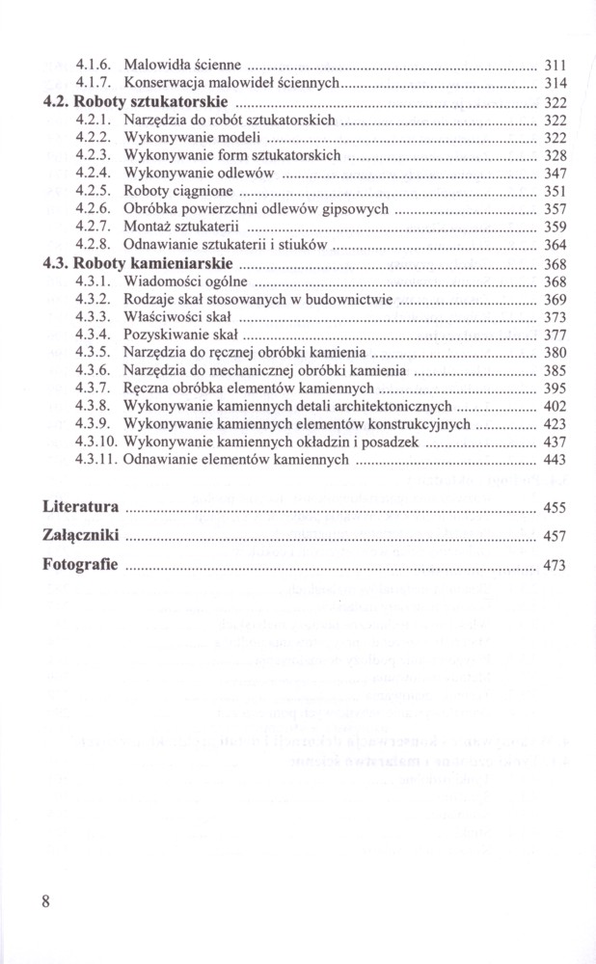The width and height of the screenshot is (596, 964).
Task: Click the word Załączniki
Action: click(x=83, y=535)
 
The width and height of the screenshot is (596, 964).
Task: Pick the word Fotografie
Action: click(x=81, y=564)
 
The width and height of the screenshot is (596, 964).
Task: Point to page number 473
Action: click(x=555, y=566)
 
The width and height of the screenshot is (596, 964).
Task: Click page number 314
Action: click(x=555, y=84)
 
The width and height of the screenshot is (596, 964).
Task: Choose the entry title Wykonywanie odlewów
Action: click(x=200, y=173)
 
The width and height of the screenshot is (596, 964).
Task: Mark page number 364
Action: click(x=555, y=246)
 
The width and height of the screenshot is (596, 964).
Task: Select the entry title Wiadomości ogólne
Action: click(x=186, y=281)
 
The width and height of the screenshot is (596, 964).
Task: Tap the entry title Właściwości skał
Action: click(x=177, y=317)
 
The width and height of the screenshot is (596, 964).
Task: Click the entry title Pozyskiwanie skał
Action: click(x=180, y=335)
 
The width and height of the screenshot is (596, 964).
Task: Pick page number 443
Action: click(x=555, y=461)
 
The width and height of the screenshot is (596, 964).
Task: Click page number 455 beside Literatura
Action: click(x=555, y=508)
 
